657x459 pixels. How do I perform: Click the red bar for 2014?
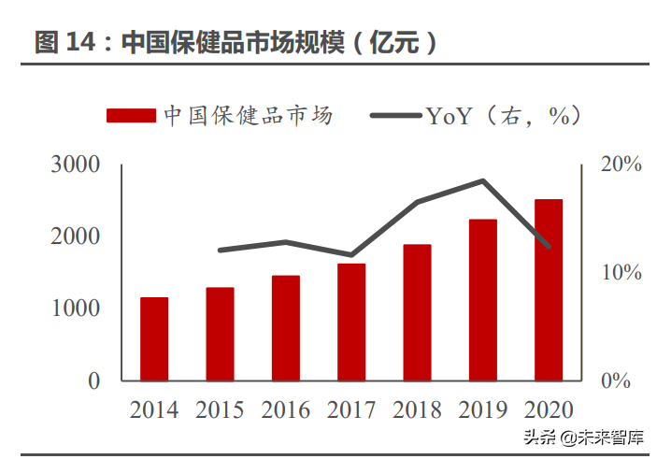point(154,338)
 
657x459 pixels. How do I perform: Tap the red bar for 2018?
point(417,312)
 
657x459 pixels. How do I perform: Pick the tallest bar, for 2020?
point(549,290)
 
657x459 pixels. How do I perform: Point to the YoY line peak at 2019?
point(482,180)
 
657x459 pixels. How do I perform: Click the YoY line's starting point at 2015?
point(220,251)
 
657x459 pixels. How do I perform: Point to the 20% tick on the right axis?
point(621,165)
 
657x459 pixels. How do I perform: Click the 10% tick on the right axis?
point(621,273)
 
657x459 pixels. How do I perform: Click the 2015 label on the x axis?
point(220,410)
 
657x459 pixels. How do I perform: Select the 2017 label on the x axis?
point(351,410)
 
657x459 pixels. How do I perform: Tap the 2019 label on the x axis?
point(482,410)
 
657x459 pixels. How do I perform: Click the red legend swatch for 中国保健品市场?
point(131,115)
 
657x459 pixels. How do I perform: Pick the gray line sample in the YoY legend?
point(396,115)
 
